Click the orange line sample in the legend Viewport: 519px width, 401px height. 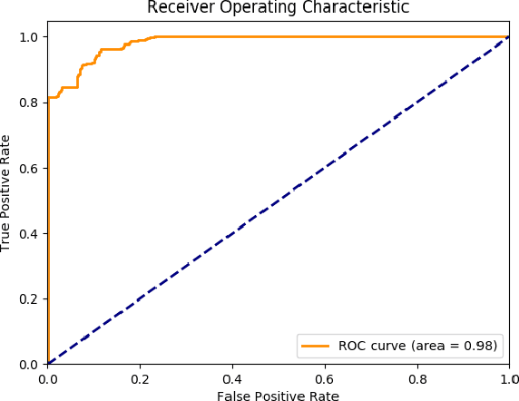pos(316,346)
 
